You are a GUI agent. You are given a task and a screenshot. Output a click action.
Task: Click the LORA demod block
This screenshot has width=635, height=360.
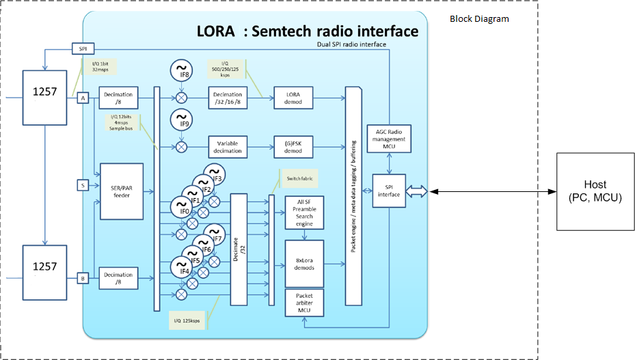coord(294,98)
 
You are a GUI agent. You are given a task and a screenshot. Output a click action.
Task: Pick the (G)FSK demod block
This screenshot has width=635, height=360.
coord(294,146)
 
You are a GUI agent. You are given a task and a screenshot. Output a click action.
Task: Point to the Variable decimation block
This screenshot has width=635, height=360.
coord(228,146)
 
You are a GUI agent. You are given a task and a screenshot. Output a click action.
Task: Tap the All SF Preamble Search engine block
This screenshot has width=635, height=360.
coord(304,212)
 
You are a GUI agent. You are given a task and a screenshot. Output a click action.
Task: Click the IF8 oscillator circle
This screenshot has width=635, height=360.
coord(181,70)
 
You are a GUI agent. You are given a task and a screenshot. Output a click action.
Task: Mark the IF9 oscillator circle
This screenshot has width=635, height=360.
coord(181,121)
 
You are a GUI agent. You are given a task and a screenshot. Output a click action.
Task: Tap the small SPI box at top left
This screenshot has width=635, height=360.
coord(83,49)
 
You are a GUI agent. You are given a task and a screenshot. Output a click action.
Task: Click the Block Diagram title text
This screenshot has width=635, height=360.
coord(479,18)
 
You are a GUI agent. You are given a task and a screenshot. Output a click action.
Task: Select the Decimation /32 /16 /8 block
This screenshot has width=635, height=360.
coord(228,98)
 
